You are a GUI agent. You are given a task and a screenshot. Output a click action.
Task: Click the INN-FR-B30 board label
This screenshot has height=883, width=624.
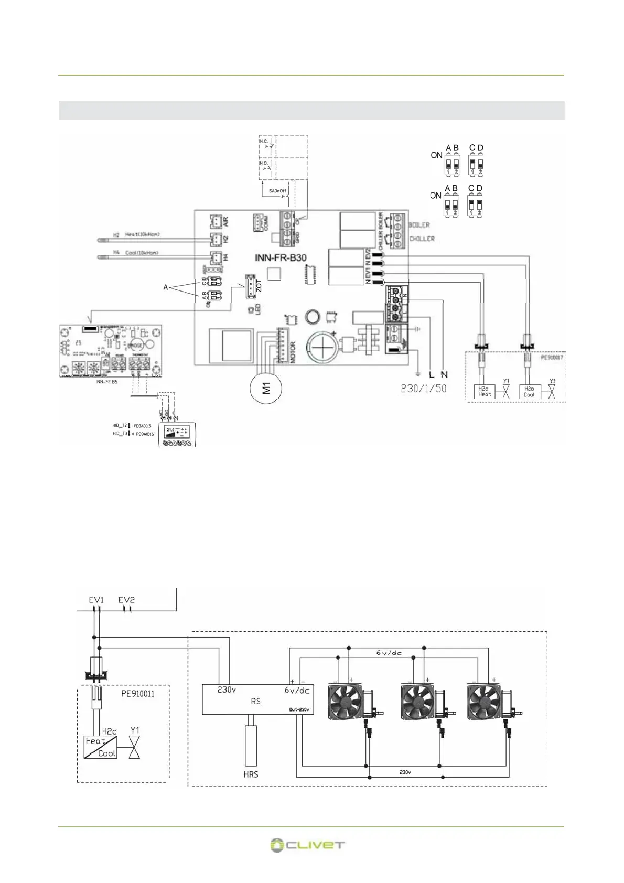coord(281,257)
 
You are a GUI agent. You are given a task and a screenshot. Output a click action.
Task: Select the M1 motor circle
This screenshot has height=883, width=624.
coord(267,389)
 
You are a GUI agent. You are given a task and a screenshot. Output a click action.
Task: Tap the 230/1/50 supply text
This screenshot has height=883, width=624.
coord(423,389)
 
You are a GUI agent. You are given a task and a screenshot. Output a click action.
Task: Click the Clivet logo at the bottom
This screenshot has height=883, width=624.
coord(307,845)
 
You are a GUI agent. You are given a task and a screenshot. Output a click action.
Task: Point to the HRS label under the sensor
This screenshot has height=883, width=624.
coord(251,774)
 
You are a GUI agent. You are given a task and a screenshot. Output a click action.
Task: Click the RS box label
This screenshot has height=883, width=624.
coord(256,701)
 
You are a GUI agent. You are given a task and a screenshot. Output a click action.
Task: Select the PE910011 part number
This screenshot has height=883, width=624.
coord(138,694)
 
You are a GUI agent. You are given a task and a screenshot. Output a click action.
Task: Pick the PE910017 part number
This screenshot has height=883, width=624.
coord(552,358)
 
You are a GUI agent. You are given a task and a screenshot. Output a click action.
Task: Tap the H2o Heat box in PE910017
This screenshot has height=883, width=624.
coord(484,392)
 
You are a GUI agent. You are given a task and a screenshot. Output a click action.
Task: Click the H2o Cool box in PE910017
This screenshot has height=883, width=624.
coord(530,392)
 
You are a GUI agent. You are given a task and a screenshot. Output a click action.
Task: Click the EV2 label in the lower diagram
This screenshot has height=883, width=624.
coord(126,600)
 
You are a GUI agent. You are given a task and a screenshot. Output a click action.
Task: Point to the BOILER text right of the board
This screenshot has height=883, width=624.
coord(419,225)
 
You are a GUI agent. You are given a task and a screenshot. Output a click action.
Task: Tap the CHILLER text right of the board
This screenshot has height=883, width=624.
coord(422,239)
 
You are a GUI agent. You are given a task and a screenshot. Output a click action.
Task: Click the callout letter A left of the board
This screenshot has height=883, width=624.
coord(166,287)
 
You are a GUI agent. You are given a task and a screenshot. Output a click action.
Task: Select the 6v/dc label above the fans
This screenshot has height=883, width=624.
coord(389,653)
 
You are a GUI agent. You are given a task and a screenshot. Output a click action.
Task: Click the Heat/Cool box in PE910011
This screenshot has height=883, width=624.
coord(101,747)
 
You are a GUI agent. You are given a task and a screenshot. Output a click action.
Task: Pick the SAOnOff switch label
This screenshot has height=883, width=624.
coord(277,191)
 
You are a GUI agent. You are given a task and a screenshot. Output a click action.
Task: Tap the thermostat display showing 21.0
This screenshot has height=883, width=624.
coord(177,432)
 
